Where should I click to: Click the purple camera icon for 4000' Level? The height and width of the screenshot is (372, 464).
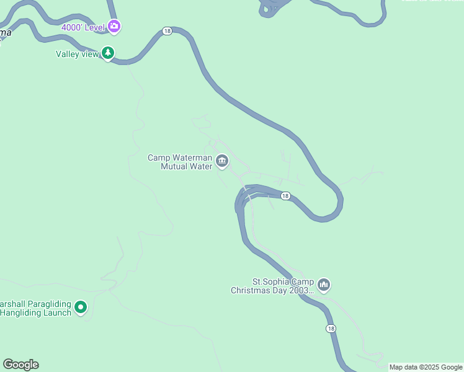[114, 27]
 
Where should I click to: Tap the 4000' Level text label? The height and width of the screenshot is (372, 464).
[84, 27]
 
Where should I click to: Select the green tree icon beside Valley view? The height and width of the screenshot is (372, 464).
[109, 54]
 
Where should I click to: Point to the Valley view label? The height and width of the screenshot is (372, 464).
[78, 55]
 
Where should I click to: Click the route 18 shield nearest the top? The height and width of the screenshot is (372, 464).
[167, 31]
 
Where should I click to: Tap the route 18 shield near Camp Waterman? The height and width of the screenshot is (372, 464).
[285, 196]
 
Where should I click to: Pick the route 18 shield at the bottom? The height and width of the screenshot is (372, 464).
[331, 329]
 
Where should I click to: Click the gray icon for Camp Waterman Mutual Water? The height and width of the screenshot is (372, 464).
[222, 162]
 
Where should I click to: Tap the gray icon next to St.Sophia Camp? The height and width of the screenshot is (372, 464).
[323, 285]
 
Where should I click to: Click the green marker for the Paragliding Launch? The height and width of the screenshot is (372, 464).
[81, 307]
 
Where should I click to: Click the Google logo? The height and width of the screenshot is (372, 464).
[20, 365]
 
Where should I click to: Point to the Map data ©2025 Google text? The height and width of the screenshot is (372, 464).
[426, 367]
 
